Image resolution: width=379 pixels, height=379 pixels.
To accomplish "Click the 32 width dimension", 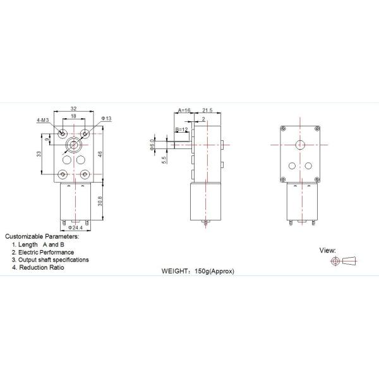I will (74, 108).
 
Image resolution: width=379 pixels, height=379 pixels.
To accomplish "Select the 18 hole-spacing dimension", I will (74, 117).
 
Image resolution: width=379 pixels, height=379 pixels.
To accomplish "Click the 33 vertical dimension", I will (39, 153).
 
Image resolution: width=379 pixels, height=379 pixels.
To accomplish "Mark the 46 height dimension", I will (101, 153).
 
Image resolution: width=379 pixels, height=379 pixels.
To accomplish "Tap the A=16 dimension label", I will (184, 110).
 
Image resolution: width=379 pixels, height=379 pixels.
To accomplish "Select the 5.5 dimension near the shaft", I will (164, 161).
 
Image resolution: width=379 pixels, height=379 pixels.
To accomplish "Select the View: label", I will (327, 250).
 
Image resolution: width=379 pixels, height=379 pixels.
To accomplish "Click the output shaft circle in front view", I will (75, 145).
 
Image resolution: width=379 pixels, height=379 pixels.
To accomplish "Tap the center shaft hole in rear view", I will (300, 145).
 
